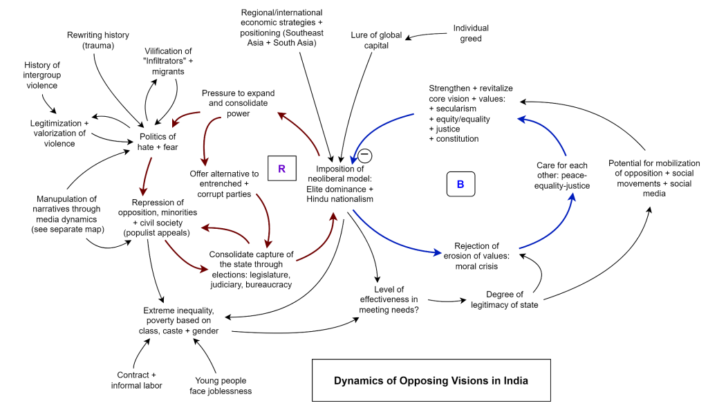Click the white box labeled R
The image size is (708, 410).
281,169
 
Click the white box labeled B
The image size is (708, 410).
460,185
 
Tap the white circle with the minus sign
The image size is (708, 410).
364,156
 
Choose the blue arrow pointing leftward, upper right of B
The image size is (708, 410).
546,131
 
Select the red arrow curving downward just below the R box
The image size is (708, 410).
265,220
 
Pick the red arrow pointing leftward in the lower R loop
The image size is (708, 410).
225,230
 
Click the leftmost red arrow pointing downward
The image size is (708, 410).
146,177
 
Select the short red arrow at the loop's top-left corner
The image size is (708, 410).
185,118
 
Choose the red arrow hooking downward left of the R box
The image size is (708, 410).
207,138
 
